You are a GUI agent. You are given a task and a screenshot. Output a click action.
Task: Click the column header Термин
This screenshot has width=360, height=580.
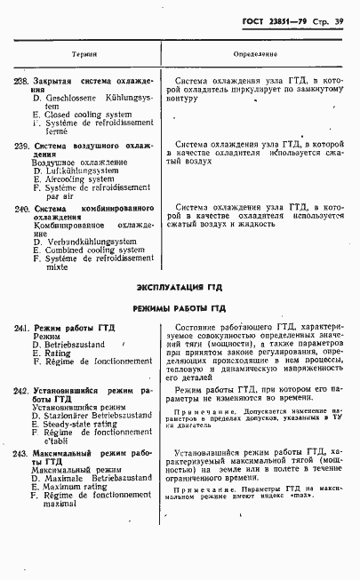(x=84, y=55)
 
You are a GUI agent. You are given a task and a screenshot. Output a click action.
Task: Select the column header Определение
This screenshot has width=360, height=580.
(x=256, y=55)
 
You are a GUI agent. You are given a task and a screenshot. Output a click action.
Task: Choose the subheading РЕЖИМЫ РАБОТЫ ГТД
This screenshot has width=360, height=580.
(x=179, y=308)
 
